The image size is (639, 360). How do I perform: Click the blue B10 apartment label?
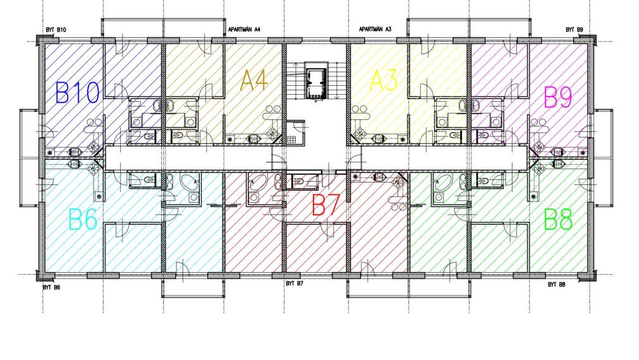point(78,93)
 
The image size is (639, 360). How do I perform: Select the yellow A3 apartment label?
point(383,81)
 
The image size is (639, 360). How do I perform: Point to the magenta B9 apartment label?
point(558,97)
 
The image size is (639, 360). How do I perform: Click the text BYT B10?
point(56,30)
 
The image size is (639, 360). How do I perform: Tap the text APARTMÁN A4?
point(244,30)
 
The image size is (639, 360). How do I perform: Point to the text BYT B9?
point(574,30)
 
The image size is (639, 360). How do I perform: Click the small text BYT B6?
point(52,287)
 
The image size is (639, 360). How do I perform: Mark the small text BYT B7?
point(295,284)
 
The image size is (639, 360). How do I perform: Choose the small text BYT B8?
point(556,285)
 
